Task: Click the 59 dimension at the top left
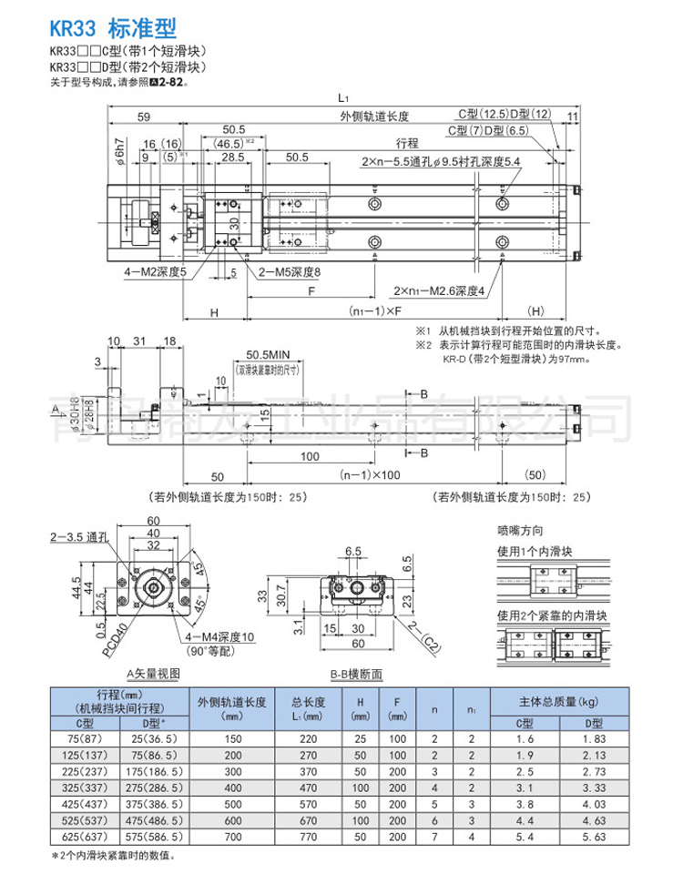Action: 144,116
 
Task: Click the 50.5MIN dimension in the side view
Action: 267,354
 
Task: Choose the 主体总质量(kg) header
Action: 558,700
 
